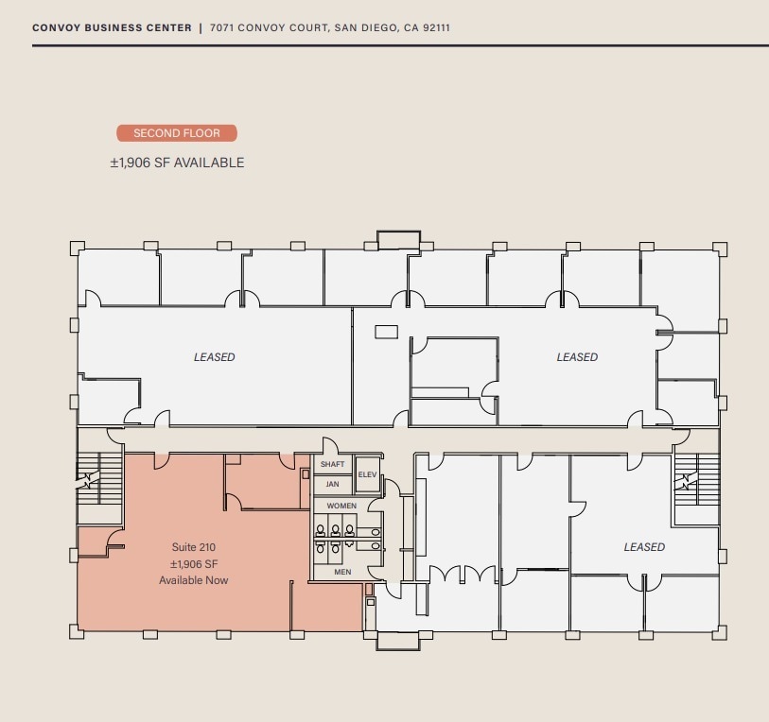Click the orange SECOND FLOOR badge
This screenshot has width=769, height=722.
tap(177, 133)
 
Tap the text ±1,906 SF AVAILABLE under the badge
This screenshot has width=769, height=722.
tap(177, 163)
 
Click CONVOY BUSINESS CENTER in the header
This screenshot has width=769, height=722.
tap(112, 28)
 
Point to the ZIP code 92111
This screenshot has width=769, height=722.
tap(435, 28)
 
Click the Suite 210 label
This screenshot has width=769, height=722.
tap(194, 547)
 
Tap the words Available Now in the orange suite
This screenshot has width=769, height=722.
tap(194, 580)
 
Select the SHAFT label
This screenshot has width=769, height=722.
tap(332, 465)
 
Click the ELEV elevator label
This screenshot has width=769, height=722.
tap(367, 474)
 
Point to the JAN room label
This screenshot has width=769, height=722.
tap(332, 484)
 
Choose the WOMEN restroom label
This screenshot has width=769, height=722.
tap(341, 507)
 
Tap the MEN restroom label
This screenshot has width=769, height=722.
tap(342, 572)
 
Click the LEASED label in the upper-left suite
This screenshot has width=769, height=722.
tap(215, 357)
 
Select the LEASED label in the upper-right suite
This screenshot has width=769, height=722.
tap(577, 357)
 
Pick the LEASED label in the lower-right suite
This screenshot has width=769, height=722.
tap(644, 547)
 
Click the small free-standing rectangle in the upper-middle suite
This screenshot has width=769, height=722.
tap(386, 332)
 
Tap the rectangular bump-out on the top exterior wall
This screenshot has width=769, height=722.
tap(398, 239)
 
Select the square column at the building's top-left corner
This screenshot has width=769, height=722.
tap(78, 249)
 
